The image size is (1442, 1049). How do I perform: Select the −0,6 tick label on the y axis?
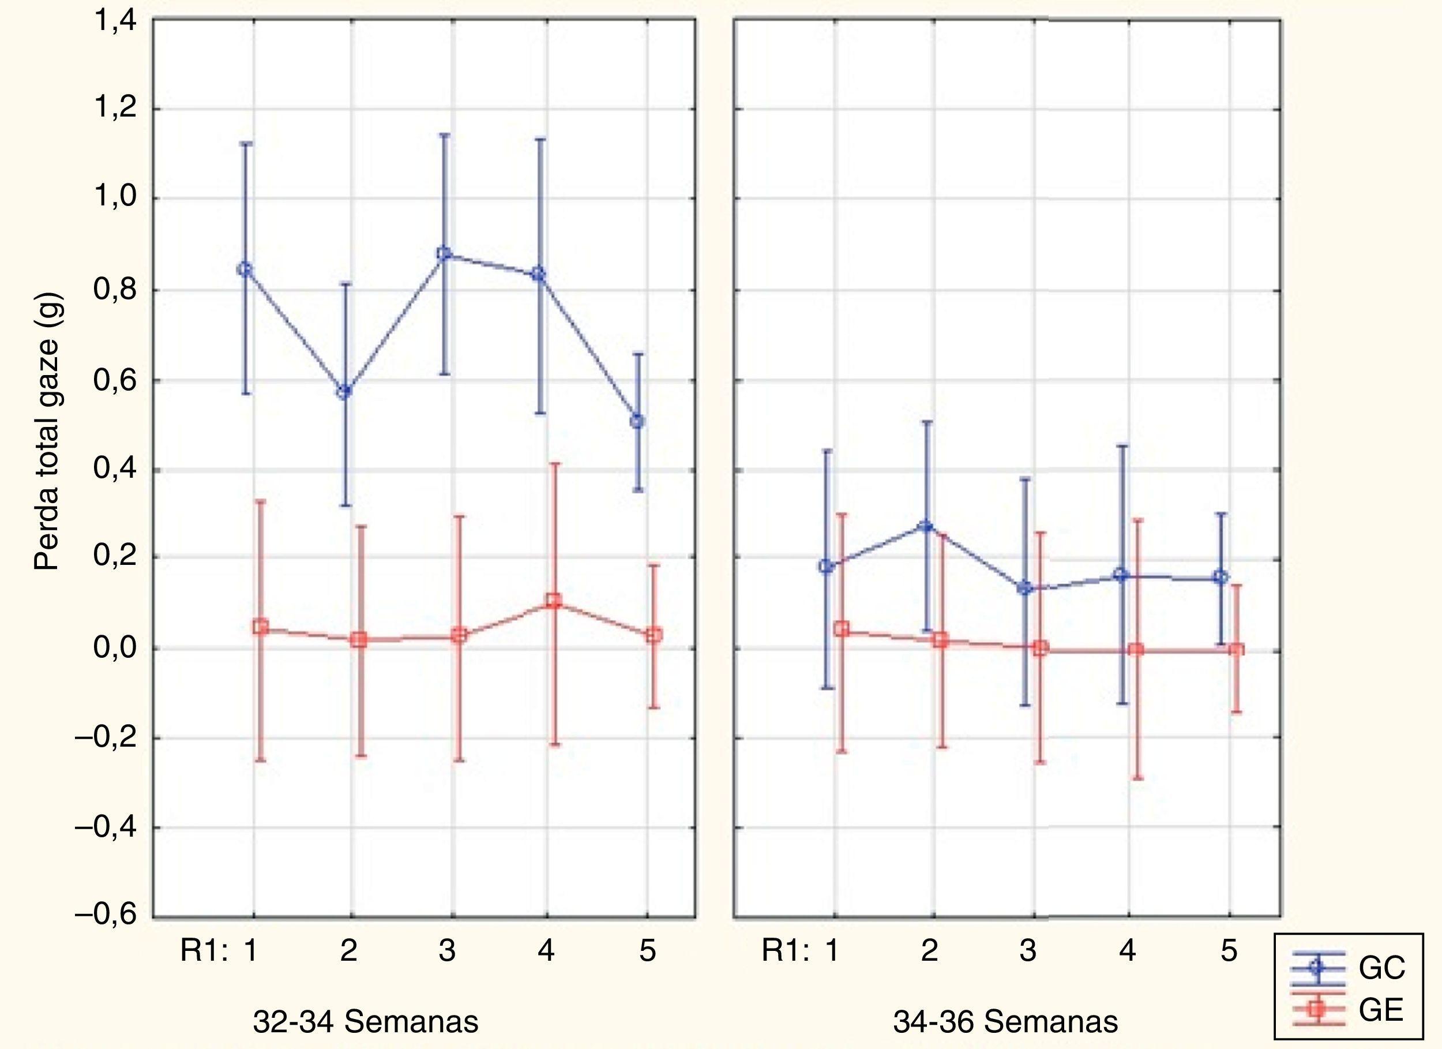point(106,916)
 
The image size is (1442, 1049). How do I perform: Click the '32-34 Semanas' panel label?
point(366,1022)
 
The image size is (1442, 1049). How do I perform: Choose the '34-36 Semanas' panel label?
point(1005,1022)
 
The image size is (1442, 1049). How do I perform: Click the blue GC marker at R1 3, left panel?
point(445,254)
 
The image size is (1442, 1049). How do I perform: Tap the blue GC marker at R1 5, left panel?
point(637,421)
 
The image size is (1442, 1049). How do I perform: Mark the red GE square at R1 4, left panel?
point(553,600)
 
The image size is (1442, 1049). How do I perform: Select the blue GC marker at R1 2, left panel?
point(344,392)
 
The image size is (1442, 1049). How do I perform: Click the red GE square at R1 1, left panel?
point(260,627)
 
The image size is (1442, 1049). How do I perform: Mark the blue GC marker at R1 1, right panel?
point(826,566)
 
